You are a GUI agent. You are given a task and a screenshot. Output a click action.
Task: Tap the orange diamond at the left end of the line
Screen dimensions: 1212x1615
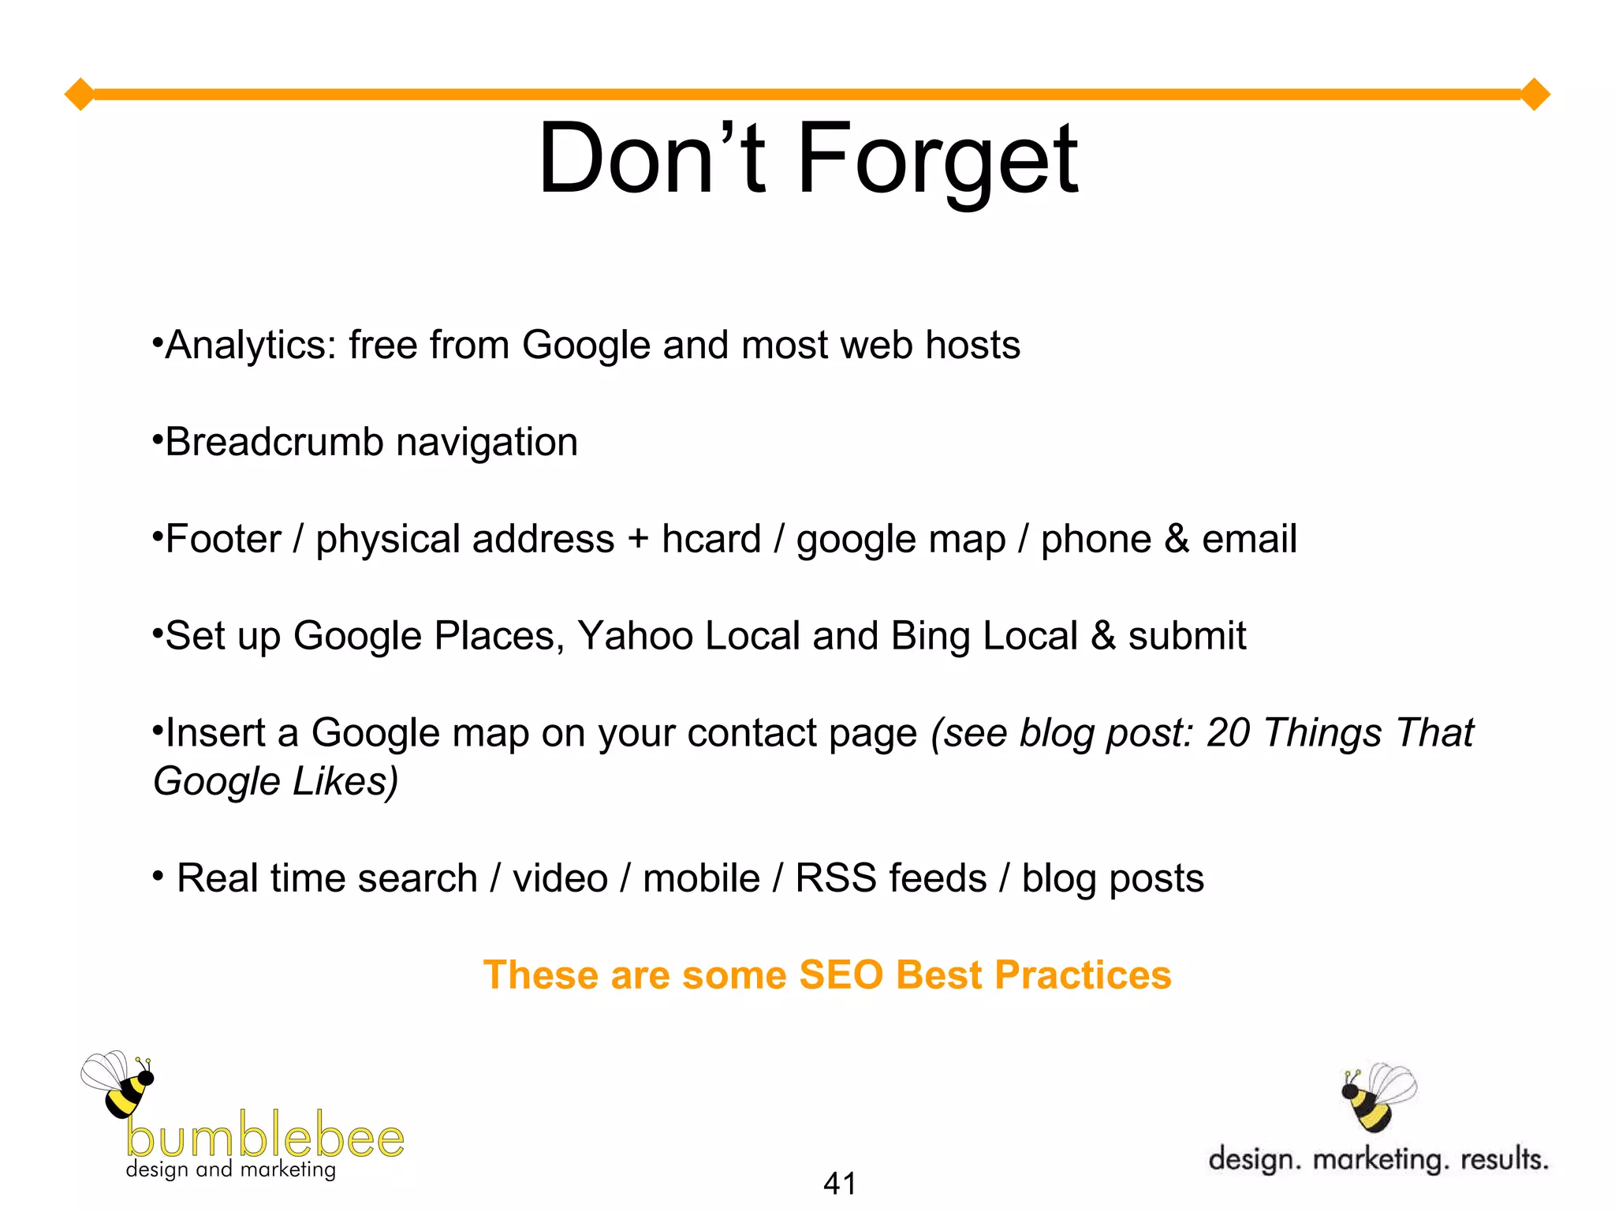coord(80,95)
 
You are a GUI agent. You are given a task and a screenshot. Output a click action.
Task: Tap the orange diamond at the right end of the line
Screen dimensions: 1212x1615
coord(1535,95)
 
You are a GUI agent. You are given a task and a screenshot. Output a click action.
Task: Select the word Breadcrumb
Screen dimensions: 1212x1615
coord(274,442)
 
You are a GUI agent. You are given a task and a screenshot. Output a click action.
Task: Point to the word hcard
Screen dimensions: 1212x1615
coord(711,539)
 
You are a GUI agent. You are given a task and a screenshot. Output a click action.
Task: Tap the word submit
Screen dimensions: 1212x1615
coord(1187,636)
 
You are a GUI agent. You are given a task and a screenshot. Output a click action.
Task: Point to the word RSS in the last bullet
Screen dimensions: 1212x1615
coord(835,878)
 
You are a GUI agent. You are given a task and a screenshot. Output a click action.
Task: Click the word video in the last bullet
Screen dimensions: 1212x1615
coord(560,878)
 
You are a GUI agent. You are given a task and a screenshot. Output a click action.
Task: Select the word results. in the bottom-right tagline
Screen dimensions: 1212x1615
coord(1504,1159)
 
